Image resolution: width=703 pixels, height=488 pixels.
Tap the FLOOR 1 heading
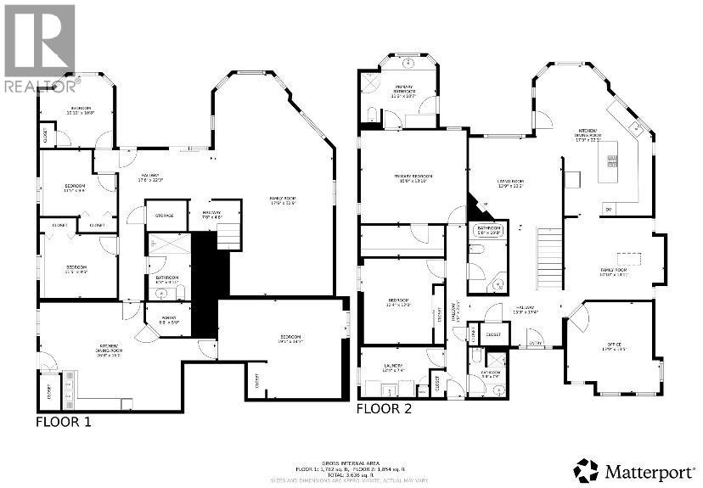[63, 421]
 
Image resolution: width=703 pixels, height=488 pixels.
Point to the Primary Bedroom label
[413, 179]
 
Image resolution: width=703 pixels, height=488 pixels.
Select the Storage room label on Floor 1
[164, 216]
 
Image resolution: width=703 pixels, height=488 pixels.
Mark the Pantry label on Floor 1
[167, 321]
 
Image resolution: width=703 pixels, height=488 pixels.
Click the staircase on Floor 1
[228, 234]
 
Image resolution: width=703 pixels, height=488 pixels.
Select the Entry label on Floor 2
[536, 342]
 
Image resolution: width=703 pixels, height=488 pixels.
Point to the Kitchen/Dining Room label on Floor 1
[108, 347]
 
